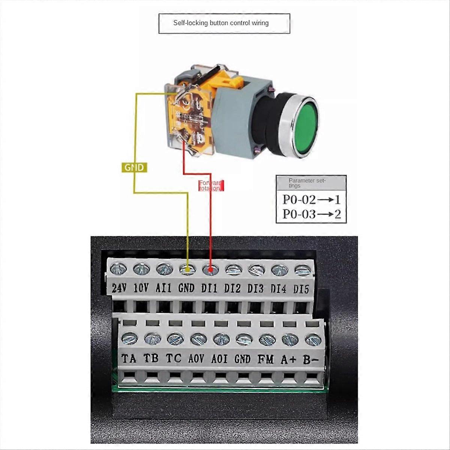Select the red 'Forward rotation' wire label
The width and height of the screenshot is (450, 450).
point(211,186)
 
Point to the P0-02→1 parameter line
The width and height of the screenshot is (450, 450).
point(311,199)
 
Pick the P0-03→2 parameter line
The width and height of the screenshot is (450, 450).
point(311,214)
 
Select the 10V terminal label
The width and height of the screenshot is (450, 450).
point(141,288)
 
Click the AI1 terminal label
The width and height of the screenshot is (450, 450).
point(163,288)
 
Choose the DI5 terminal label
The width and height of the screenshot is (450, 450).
point(301,289)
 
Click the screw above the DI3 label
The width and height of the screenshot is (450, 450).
point(256,270)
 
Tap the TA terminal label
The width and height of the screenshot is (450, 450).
point(129,358)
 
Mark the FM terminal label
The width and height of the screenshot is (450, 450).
point(265,359)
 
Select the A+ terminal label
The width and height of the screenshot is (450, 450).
point(288,359)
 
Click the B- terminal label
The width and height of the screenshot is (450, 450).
point(311,360)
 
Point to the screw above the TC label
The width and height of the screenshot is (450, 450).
point(175,339)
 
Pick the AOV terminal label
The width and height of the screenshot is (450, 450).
point(196,359)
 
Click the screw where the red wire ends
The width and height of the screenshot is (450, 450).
point(210,269)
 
